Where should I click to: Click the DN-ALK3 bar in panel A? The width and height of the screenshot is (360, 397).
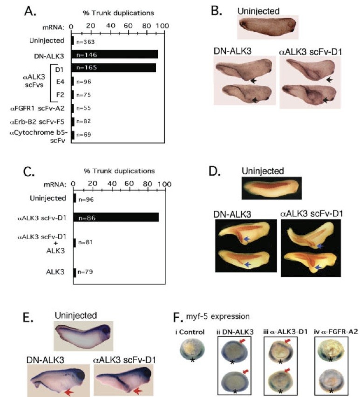point(115,55)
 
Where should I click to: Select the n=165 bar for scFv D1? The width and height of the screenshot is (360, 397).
point(114,68)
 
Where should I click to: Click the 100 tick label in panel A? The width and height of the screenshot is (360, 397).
point(158,27)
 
